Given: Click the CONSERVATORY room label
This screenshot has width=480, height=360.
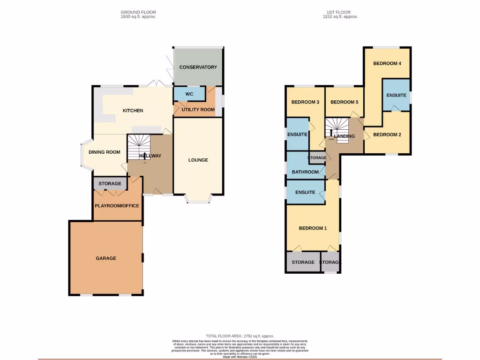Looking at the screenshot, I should click(198, 67).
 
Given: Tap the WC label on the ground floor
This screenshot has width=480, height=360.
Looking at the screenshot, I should click(189, 94).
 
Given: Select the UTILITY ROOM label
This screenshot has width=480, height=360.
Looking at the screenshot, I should click(198, 110).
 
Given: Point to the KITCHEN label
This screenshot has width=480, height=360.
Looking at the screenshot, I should click(133, 111).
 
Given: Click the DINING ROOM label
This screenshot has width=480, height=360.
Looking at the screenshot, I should click(105, 152).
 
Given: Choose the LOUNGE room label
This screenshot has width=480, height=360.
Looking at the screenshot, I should click(198, 160).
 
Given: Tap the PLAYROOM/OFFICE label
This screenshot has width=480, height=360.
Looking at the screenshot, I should click(117, 205).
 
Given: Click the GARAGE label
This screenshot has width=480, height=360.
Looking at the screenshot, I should click(106, 258).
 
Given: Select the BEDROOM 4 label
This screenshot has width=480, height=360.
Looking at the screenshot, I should click(387, 63).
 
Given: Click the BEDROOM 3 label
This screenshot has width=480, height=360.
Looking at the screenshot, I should click(305, 102).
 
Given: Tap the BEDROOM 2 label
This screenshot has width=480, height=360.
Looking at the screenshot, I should click(387, 135).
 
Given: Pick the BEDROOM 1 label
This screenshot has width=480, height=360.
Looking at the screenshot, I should click(313, 228).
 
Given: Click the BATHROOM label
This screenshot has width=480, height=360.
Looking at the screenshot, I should click(305, 172).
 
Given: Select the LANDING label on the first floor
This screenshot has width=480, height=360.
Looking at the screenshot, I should click(345, 136).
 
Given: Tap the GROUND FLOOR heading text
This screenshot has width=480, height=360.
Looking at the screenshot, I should click(138, 12).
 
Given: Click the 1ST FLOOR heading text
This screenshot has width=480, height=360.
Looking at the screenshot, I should click(340, 12).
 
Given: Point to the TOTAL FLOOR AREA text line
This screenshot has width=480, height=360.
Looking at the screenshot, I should click(240, 336).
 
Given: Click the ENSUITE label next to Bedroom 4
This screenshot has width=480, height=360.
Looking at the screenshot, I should click(396, 95).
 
